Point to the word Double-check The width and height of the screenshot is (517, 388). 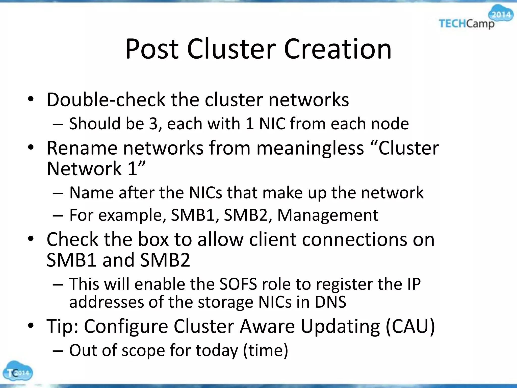pos(106,100)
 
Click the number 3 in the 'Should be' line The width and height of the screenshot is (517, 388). pos(153,124)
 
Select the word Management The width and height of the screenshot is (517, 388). pos(328,215)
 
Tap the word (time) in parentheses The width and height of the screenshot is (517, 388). pos(265,350)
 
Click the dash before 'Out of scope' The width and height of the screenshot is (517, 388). pos(58,351)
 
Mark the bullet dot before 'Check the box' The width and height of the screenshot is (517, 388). pos(31,239)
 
